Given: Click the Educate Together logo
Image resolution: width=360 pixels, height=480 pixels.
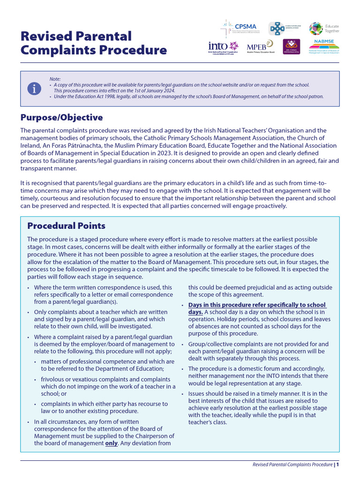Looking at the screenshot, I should (324, 29).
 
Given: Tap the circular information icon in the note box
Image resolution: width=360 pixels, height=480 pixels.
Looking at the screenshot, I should (34, 88).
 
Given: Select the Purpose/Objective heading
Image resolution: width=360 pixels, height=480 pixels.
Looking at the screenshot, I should (61, 117).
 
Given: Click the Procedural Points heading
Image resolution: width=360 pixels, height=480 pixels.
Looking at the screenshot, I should (66, 225).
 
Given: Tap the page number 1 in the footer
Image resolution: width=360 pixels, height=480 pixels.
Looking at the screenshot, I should (337, 465).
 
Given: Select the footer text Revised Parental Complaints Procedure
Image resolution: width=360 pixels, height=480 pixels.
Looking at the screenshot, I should (292, 465).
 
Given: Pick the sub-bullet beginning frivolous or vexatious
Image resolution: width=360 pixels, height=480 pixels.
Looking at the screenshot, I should (108, 386).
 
